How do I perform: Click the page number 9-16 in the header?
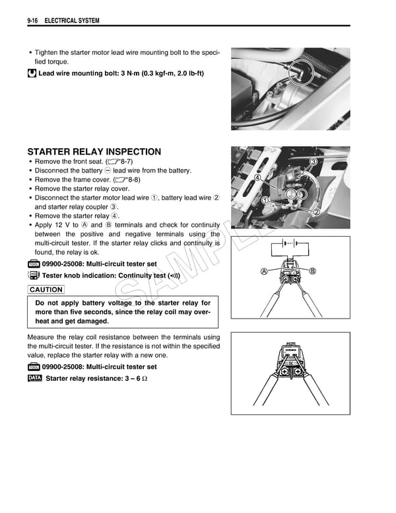[x=34, y=20]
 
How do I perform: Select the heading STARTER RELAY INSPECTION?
[x=94, y=151]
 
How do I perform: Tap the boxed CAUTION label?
[x=46, y=290]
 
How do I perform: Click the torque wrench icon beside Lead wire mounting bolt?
[x=32, y=73]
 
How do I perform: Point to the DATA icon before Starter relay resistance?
[x=34, y=378]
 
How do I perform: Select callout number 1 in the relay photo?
[x=265, y=200]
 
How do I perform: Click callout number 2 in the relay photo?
[x=316, y=212]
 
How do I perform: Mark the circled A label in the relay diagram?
[x=264, y=271]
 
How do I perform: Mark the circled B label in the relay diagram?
[x=313, y=271]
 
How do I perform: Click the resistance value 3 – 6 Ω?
[x=131, y=378]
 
